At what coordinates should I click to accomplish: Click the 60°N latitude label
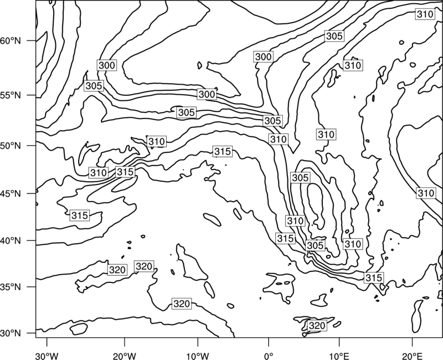tap(10, 41)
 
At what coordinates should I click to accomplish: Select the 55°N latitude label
tap(10, 95)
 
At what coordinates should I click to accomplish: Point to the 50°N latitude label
tap(10, 146)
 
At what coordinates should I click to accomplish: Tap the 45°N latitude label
tap(10, 193)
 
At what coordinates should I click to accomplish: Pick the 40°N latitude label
tap(10, 241)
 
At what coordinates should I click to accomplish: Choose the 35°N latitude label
tap(10, 287)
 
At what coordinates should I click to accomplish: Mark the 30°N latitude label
tap(10, 333)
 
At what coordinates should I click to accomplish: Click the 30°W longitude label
tap(47, 356)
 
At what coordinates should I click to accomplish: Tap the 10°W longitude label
tap(198, 356)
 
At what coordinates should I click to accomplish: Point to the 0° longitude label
tap(269, 356)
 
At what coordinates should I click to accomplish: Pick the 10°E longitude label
tap(339, 356)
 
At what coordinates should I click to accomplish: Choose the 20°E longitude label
tap(412, 356)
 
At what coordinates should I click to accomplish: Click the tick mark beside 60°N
tap(32, 41)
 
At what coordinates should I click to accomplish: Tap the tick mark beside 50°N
tap(32, 146)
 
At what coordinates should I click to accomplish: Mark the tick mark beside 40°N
tap(32, 241)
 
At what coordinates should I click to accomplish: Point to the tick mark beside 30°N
tap(32, 333)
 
